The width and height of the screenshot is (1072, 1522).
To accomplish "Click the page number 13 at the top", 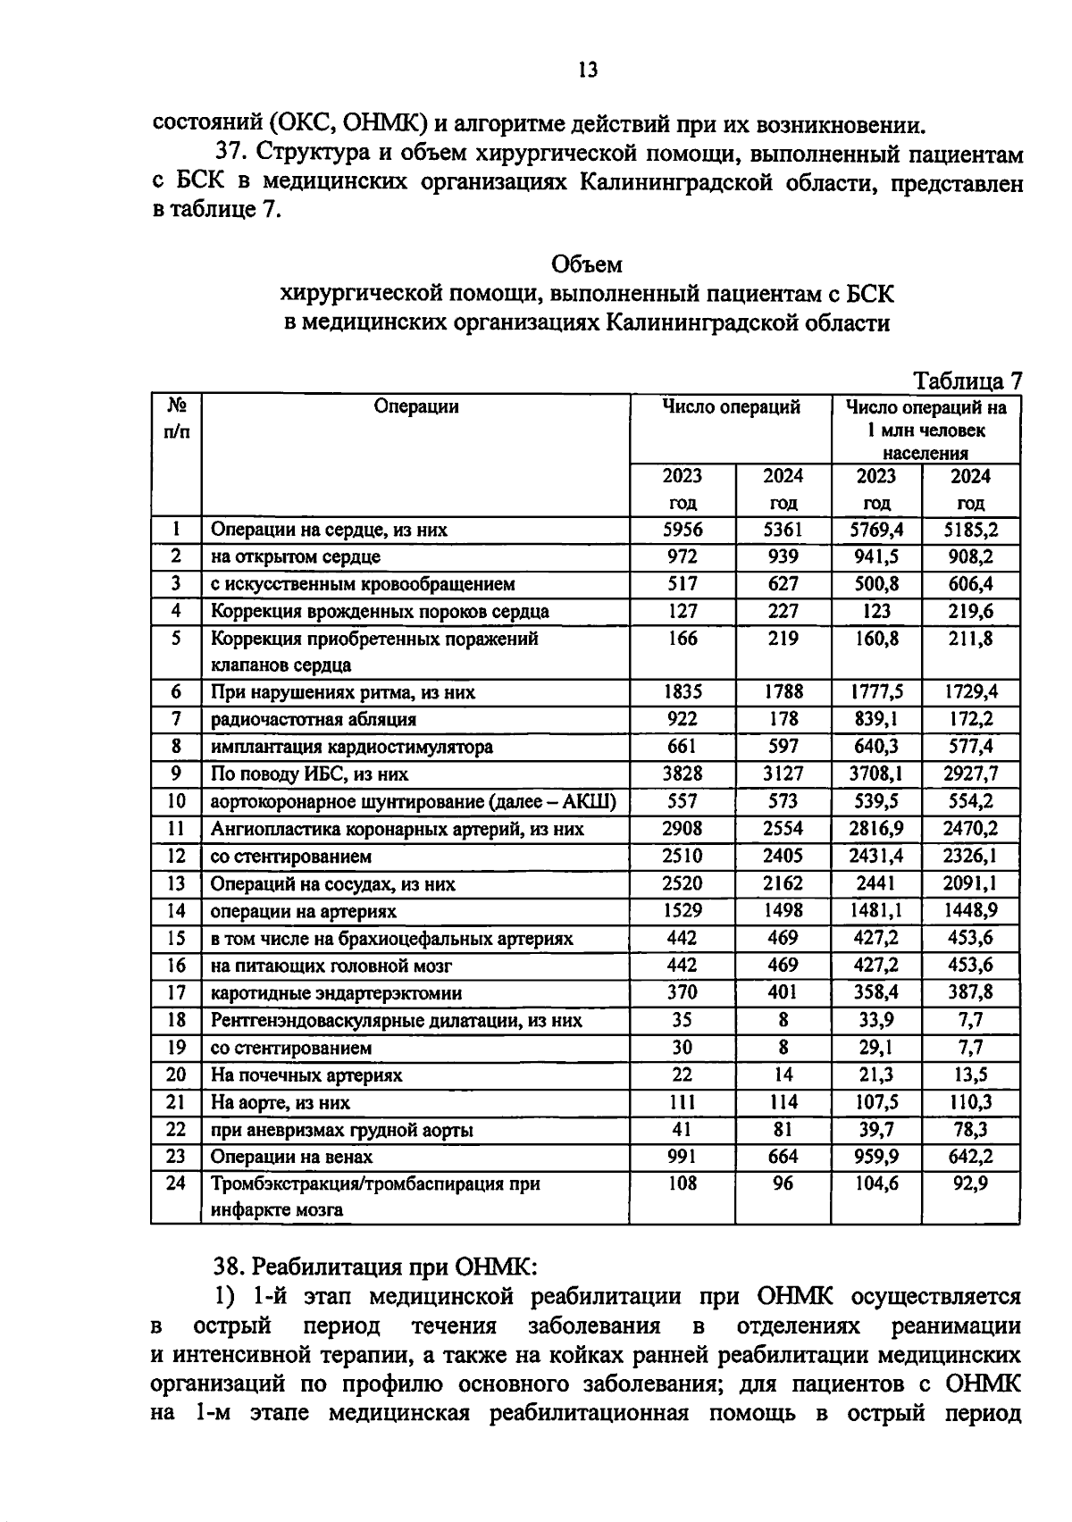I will (x=587, y=71).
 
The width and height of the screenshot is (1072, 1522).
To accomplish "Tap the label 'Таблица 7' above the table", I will (x=967, y=381).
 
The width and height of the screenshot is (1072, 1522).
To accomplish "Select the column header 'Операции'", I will (x=416, y=407).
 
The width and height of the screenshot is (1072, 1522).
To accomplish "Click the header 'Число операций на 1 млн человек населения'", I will (x=925, y=430).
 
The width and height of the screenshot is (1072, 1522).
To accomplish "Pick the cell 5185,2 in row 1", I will (x=970, y=530).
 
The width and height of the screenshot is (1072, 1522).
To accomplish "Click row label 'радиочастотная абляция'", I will (x=314, y=719).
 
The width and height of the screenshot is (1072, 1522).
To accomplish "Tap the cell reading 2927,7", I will (x=970, y=774).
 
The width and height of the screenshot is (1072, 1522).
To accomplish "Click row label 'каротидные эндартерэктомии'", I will (x=336, y=993).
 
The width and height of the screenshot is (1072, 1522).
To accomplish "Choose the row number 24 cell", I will (x=176, y=1183).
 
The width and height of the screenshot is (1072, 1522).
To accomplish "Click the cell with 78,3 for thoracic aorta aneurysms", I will (x=970, y=1130).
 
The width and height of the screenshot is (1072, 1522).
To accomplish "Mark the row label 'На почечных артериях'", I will (x=306, y=1075).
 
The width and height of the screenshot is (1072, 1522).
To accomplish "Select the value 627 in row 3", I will (x=783, y=584).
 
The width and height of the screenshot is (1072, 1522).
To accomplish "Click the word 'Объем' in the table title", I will (x=587, y=265).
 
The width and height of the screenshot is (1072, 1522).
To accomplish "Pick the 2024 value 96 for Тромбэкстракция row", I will (x=783, y=1183).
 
